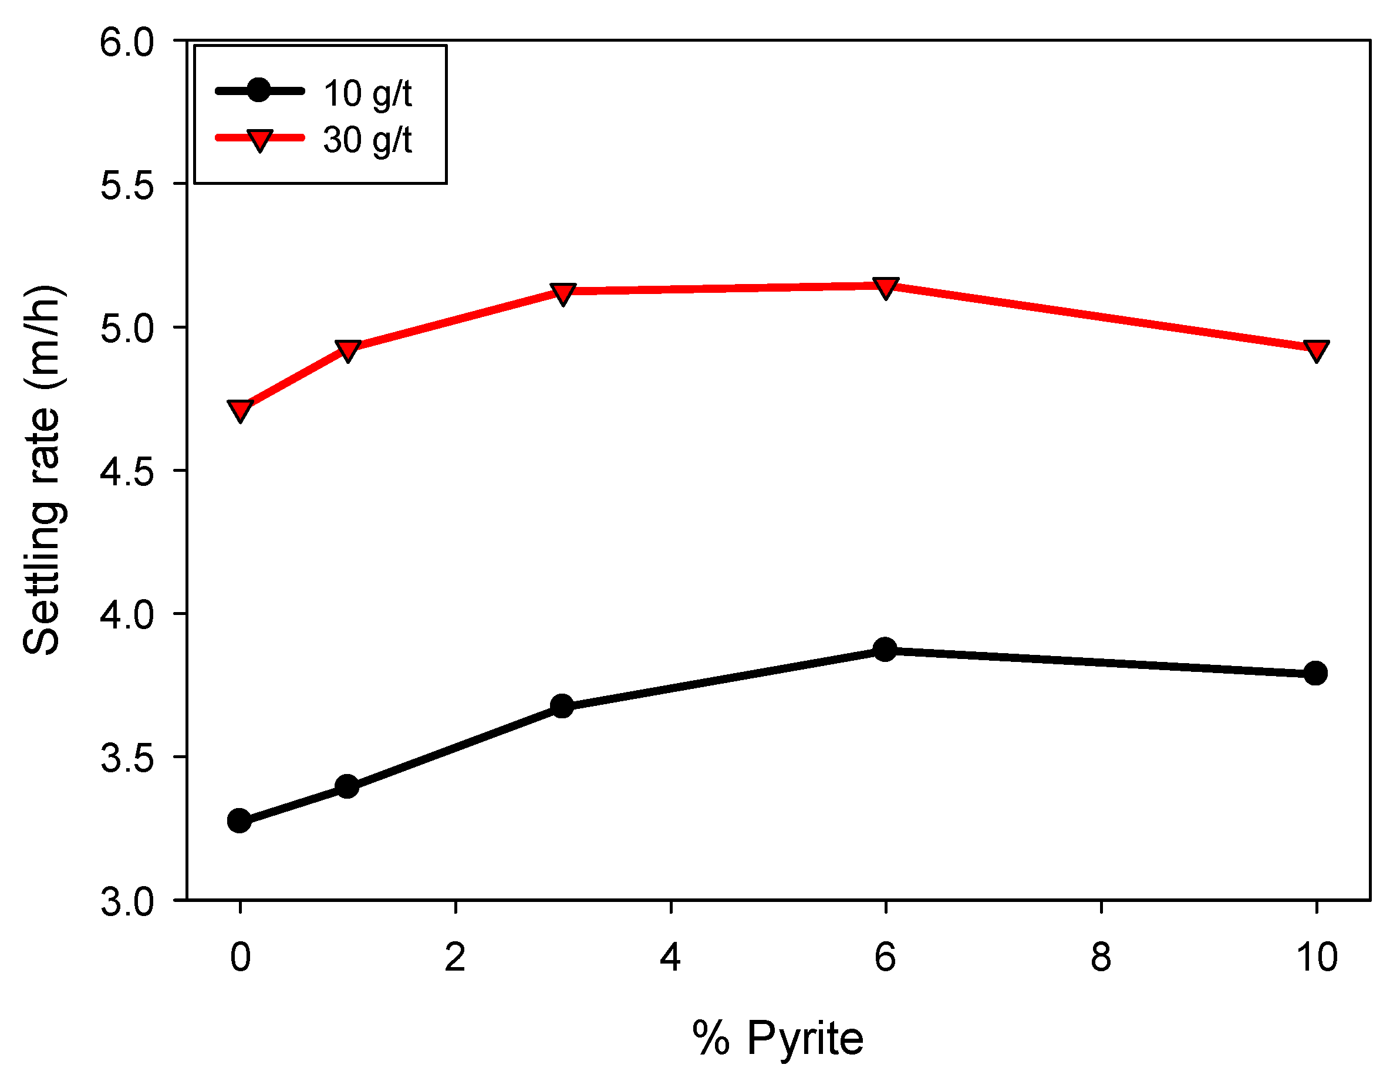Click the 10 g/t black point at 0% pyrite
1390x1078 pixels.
pos(239,821)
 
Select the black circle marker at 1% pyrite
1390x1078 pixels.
pos(347,786)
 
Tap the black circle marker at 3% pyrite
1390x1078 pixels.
pos(562,706)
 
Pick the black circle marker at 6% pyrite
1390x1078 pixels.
pos(885,650)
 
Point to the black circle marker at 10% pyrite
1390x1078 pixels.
pos(1315,673)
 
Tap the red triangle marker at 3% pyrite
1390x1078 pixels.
pos(562,293)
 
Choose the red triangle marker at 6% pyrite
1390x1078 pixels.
pos(886,287)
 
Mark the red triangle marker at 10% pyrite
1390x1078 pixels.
pos(1315,349)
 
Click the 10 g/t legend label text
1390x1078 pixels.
pos(367,93)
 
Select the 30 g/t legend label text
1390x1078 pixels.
pos(367,140)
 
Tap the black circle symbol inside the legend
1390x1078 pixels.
pos(259,90)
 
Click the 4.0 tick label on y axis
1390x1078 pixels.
pos(127,616)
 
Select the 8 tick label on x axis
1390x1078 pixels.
pos(1101,957)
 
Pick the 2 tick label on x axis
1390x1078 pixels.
pos(455,957)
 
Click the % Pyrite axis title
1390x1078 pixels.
pos(778,1039)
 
